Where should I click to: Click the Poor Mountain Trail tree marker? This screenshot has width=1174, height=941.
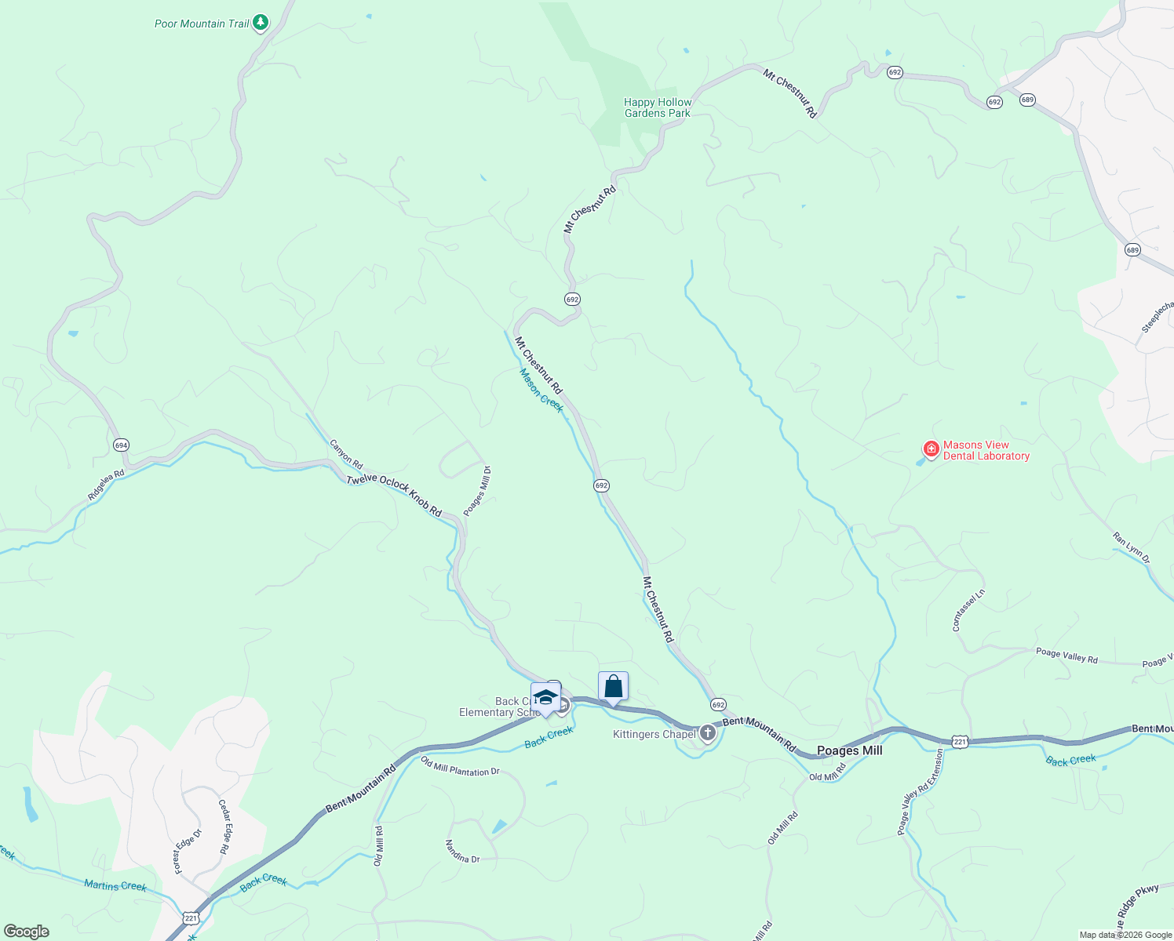coord(261,23)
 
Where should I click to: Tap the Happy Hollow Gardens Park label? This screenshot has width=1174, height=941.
coord(658,107)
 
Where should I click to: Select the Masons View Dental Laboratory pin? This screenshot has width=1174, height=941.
coord(931,449)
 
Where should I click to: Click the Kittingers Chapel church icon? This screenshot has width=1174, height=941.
coord(707,733)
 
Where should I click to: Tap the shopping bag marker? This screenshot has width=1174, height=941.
coord(613,687)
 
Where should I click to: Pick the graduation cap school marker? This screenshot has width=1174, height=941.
coord(545,697)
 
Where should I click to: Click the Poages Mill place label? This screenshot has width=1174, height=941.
coord(849,750)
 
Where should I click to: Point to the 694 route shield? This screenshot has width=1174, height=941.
coord(120,445)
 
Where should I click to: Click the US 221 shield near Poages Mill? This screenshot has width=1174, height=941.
coord(959,741)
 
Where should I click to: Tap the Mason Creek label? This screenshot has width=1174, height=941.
coord(541,390)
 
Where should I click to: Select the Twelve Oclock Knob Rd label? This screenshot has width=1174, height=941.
coord(394,496)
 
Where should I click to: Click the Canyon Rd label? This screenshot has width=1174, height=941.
coord(346,454)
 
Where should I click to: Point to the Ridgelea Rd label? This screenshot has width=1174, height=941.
coord(106,485)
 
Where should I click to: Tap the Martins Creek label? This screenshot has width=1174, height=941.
coord(115,885)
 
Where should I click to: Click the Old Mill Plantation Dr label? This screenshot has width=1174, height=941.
coord(460,766)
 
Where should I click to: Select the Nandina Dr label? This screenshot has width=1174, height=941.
coord(462,852)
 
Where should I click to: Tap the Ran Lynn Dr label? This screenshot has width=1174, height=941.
coord(1131,548)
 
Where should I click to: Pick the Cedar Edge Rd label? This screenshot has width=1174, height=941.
coord(223,827)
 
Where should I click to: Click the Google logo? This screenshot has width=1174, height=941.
coord(27,932)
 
